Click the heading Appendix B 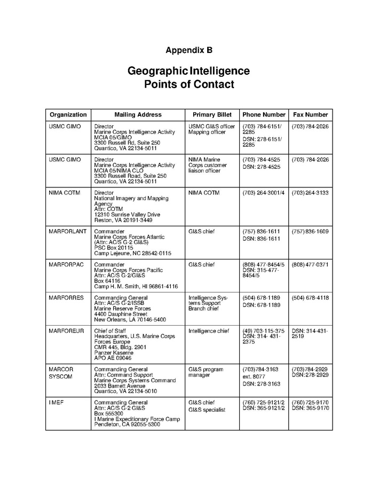tap(189, 50)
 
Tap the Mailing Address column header tap(138, 115)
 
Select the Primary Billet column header tap(212, 115)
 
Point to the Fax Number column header tap(311, 115)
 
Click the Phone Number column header tap(264, 115)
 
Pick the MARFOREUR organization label tap(66, 331)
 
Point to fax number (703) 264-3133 tap(310, 193)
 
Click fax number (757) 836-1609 tap(310, 232)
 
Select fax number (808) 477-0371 tap(310, 265)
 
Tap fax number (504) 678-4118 tap(310, 298)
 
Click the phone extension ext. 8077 tap(254, 376)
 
